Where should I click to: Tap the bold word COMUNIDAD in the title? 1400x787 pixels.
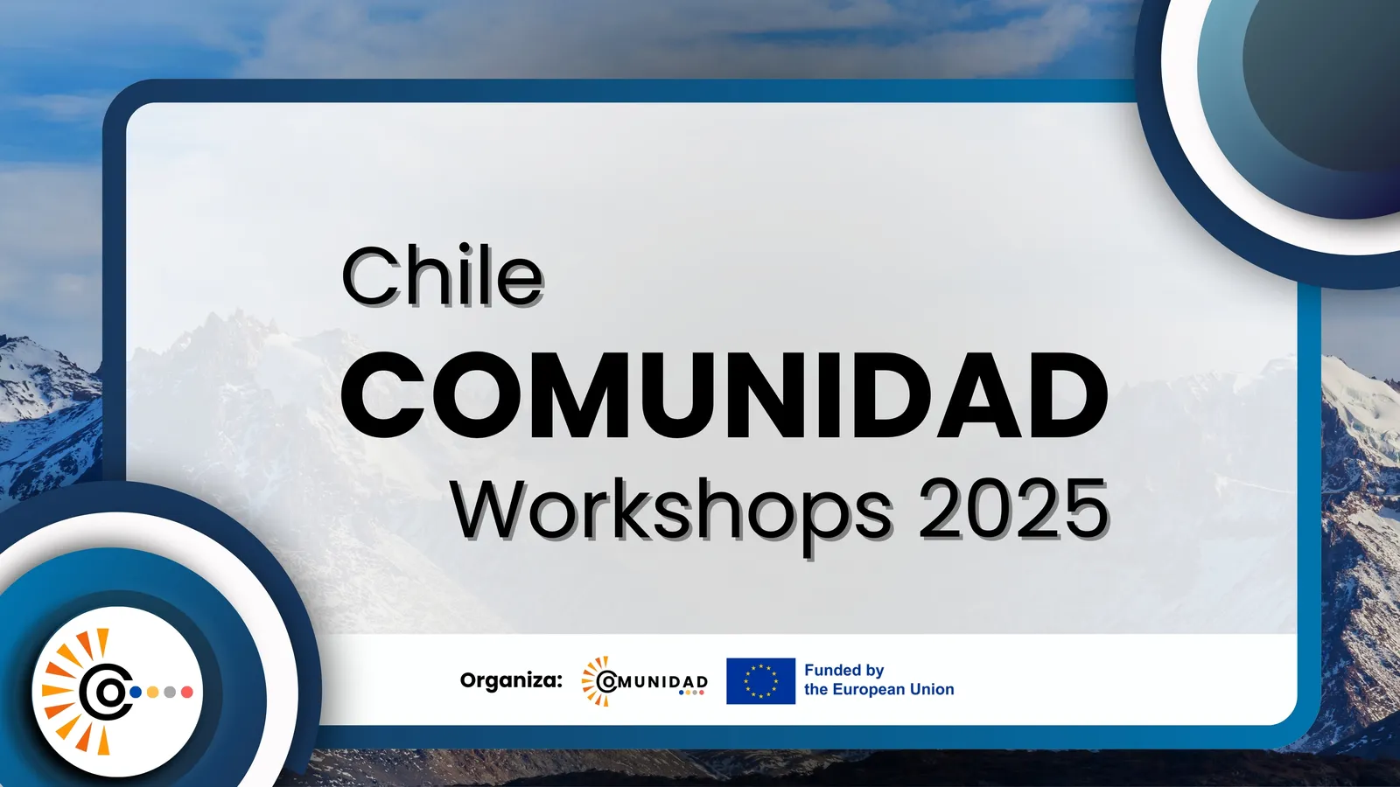(x=724, y=395)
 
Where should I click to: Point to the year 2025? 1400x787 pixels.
(x=1014, y=508)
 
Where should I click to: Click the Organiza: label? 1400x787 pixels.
(x=511, y=680)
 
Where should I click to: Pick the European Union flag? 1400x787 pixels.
(x=760, y=681)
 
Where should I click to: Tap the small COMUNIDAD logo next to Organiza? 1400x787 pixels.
(x=644, y=681)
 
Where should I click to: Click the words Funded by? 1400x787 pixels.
(x=843, y=671)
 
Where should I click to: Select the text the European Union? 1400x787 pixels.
(x=878, y=690)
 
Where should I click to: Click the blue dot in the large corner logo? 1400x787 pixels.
(x=135, y=692)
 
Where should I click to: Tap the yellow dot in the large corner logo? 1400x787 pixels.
(x=152, y=692)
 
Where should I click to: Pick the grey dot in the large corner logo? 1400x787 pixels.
(x=170, y=692)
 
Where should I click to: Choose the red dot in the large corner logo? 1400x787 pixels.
(x=187, y=692)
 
